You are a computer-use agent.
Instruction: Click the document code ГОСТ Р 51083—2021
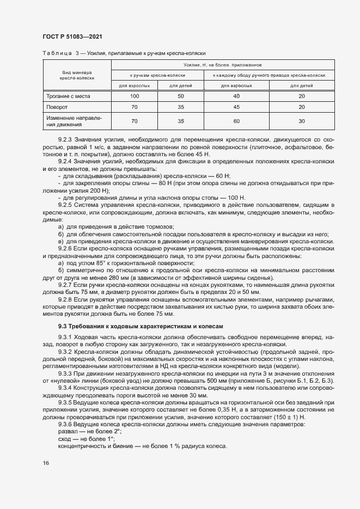(x=72, y=36)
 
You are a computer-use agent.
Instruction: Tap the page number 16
(x=45, y=463)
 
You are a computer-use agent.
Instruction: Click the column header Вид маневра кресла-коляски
(x=77, y=75)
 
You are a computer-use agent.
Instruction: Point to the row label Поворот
(x=57, y=107)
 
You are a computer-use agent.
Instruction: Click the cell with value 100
(x=134, y=96)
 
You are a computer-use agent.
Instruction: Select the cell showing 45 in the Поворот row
(x=236, y=107)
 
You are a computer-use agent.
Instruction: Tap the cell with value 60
(x=236, y=121)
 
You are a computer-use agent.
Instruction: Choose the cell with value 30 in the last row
(x=301, y=121)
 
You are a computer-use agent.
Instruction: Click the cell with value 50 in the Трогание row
(x=180, y=96)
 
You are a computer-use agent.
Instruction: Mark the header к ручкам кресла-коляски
(x=157, y=75)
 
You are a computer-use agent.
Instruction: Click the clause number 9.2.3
(x=65, y=139)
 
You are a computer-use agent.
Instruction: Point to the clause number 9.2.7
(x=65, y=284)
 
